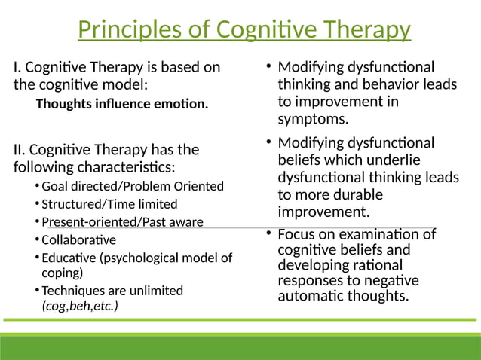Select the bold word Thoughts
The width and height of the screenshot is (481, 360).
[65, 104]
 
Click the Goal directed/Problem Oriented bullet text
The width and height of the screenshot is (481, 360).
[132, 186]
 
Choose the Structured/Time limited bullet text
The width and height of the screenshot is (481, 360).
[109, 204]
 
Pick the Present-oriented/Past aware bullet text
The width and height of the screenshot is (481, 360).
[122, 222]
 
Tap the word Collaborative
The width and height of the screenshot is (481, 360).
[78, 240]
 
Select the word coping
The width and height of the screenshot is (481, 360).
[62, 273]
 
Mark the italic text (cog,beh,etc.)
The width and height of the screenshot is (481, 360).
[80, 306]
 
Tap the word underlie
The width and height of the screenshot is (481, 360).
[394, 160]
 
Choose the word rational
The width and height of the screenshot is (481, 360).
[375, 265]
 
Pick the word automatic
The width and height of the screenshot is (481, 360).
[310, 296]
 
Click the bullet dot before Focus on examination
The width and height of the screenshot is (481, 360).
[268, 234]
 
